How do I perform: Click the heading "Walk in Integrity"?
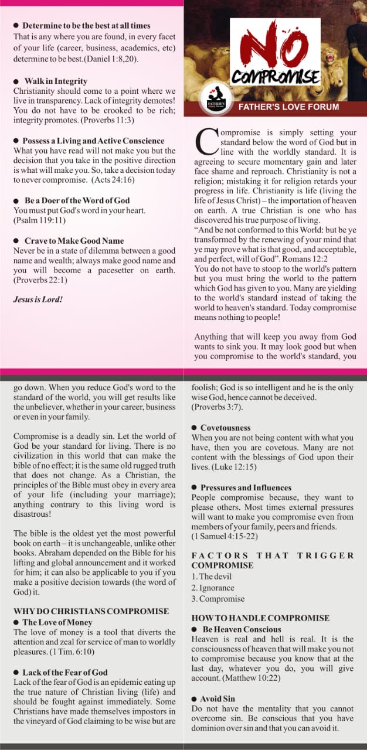click(56, 81)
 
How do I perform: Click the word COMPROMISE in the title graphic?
click(275, 77)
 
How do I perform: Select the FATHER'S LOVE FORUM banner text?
click(288, 107)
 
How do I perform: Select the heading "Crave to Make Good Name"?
click(74, 241)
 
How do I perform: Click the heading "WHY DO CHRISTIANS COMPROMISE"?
click(91, 611)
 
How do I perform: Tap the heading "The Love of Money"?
click(57, 622)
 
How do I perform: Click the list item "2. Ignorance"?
click(213, 588)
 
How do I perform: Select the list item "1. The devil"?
click(212, 577)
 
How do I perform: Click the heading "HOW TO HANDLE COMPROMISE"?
click(260, 618)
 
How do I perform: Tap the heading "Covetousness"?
click(225, 428)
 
